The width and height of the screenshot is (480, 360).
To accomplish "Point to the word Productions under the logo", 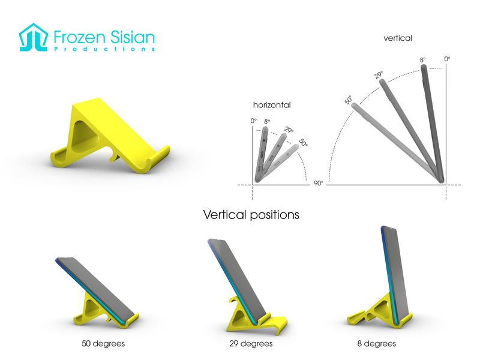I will [x=104, y=49].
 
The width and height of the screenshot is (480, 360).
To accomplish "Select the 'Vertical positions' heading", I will [x=251, y=214].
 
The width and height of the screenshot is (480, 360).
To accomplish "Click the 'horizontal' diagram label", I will [x=272, y=105].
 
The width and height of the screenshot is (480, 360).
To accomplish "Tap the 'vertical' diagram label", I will [x=398, y=38].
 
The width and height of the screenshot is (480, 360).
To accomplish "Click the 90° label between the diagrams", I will [x=318, y=183].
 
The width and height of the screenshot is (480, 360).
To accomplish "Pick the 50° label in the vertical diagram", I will [x=349, y=100].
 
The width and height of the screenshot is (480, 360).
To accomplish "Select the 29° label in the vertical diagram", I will [x=379, y=75].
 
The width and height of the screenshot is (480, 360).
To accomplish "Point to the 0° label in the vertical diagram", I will [x=447, y=59].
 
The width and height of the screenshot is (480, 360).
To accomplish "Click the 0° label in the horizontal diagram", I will [x=254, y=121].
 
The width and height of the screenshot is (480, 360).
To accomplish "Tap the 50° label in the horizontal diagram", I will [x=304, y=143].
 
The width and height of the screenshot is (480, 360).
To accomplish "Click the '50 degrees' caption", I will [x=104, y=344].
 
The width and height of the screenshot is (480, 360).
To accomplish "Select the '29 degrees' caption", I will [x=251, y=344].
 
